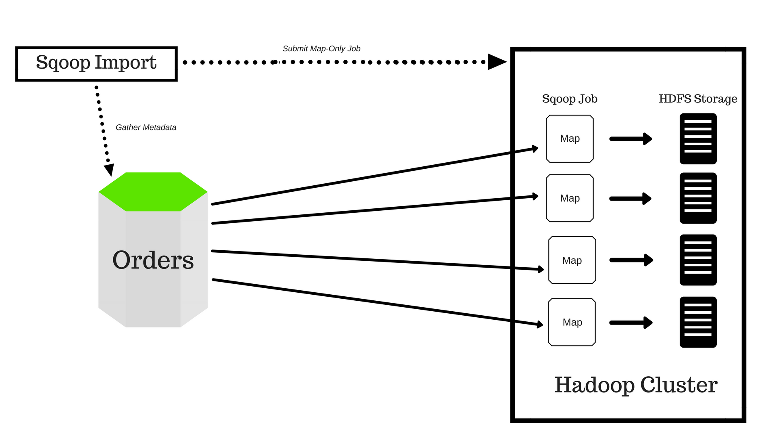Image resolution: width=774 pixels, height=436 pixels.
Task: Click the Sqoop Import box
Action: [96, 64]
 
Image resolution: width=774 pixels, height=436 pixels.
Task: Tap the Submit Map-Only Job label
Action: [321, 49]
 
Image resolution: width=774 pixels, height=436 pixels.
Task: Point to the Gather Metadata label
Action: [146, 128]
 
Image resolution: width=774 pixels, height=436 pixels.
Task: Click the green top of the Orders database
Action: [153, 192]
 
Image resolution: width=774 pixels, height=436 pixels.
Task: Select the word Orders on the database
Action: [153, 260]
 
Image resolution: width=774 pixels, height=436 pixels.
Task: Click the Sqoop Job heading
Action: [570, 99]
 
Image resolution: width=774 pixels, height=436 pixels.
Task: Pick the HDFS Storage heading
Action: [698, 99]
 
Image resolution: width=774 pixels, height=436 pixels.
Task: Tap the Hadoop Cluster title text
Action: [636, 385]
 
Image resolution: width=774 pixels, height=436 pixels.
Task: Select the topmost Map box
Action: [570, 139]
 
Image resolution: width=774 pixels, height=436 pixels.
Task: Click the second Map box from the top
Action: [570, 198]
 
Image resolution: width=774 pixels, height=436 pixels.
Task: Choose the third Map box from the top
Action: [572, 260]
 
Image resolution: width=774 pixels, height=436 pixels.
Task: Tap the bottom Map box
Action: [572, 322]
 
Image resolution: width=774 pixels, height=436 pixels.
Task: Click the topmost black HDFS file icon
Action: [698, 139]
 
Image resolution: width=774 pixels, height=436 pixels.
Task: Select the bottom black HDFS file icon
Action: [698, 322]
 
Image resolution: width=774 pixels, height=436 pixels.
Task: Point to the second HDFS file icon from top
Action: [698, 198]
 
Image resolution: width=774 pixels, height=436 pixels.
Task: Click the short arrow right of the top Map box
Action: [631, 139]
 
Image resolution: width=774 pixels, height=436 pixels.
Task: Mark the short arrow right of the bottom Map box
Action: [631, 323]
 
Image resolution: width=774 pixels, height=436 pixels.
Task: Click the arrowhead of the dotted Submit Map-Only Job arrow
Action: [496, 62]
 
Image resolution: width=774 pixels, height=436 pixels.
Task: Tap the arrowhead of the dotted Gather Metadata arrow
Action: [109, 170]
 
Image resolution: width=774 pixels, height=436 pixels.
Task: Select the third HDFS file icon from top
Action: [698, 260]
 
